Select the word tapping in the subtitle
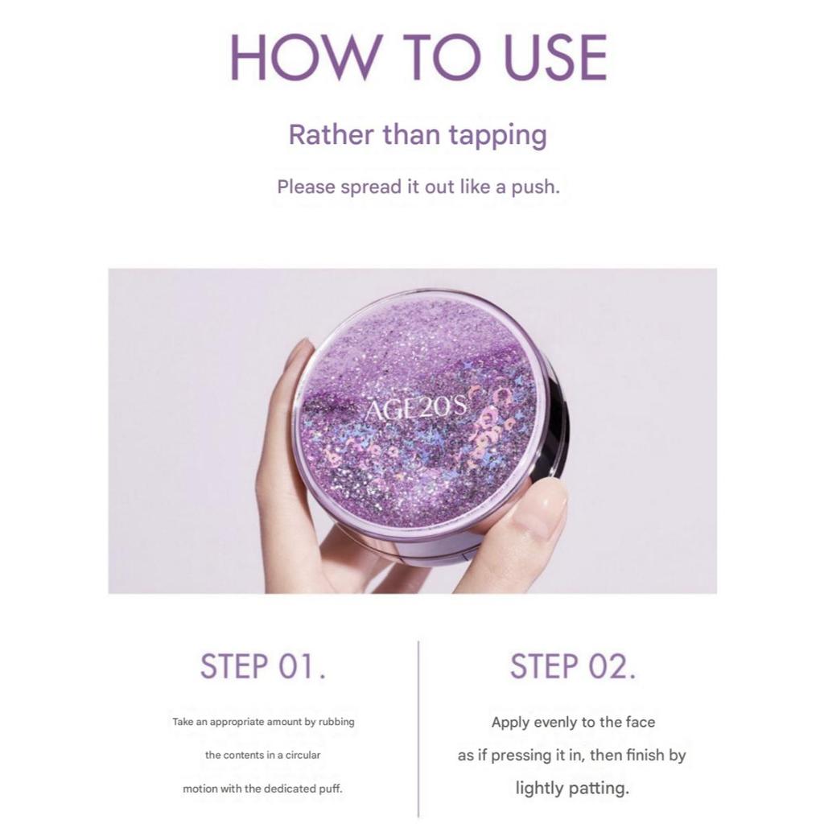496,135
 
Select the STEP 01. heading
263,668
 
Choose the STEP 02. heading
573,668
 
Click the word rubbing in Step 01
336,723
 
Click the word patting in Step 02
600,789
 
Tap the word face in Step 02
640,723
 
